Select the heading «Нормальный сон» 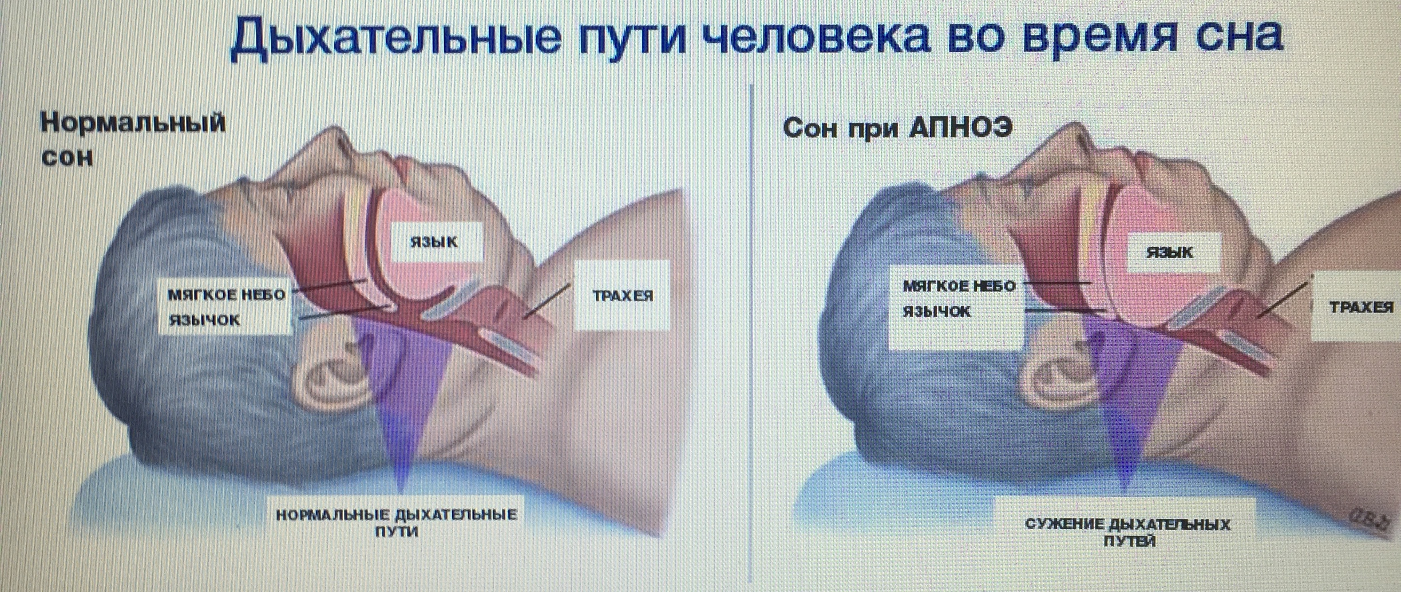133,140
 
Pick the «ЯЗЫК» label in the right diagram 1170,252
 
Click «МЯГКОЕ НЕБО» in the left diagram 227,295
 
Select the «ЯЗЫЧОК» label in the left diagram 204,320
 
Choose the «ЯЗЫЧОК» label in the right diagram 937,311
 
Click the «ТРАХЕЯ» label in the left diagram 623,296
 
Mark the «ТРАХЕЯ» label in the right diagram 1362,307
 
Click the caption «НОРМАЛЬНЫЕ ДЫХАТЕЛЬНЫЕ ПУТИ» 397,522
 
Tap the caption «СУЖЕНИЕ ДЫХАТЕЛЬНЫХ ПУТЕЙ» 1128,532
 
